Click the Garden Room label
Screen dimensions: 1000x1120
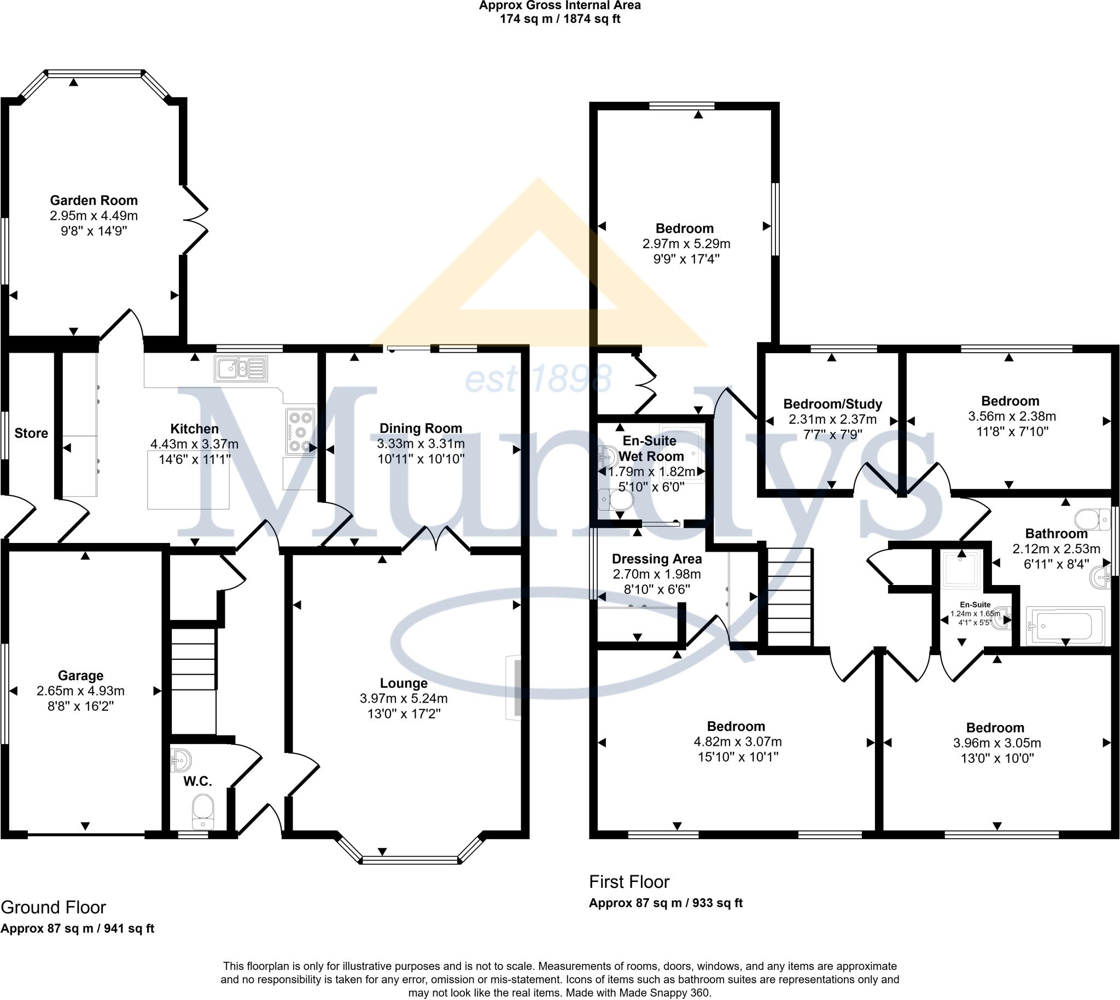(x=94, y=201)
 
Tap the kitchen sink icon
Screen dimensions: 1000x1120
(x=241, y=369)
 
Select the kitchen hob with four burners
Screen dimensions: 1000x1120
(x=300, y=432)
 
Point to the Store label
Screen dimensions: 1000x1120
(x=31, y=434)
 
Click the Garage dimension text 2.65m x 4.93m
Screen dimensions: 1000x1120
(x=81, y=691)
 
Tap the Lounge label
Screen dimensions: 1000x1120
(x=404, y=683)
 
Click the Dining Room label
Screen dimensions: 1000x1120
(x=421, y=429)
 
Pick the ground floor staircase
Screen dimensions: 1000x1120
(x=193, y=681)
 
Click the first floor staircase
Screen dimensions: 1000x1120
(x=789, y=597)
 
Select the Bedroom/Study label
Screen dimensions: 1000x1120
(x=832, y=405)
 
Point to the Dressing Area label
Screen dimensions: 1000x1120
(x=657, y=559)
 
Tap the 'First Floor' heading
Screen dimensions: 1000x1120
(x=629, y=882)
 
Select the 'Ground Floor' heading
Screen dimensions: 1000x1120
(x=53, y=907)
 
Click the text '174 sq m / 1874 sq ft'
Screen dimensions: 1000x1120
(x=559, y=19)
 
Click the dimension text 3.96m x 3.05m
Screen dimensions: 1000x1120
(x=996, y=744)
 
